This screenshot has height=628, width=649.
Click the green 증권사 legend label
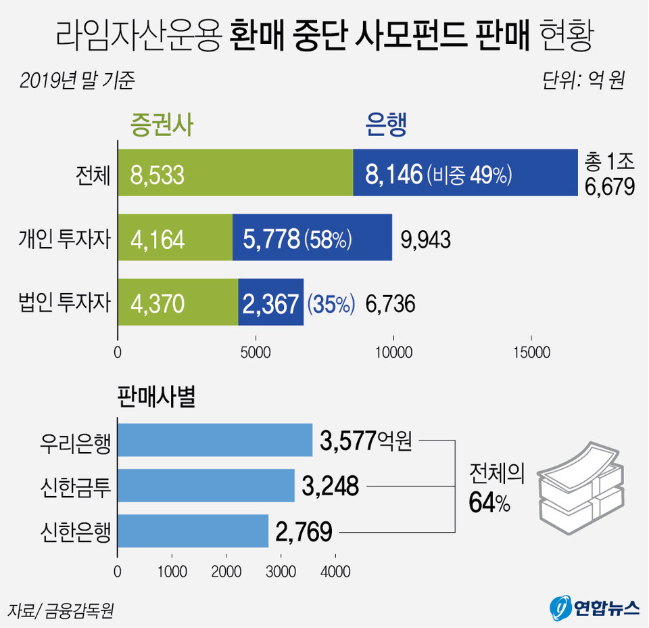pos(162,126)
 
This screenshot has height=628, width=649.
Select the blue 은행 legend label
pos(386,126)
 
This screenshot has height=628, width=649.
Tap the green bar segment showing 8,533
pos(235,173)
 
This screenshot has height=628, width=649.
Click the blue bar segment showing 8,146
pos(465,173)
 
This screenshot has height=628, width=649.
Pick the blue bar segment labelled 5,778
pos(312,237)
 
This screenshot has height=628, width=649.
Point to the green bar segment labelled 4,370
pos(178,302)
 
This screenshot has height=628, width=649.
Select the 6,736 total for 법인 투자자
pos(390,304)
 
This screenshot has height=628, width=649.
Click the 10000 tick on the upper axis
pos(393,353)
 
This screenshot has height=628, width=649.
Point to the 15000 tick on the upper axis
pos(531,353)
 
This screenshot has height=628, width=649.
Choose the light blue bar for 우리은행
pos(215,440)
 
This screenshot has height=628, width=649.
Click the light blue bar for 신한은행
pos(193,531)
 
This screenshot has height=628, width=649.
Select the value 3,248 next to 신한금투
pos(331,487)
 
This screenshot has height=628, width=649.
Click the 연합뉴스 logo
pos(595,607)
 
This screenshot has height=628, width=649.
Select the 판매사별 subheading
pos(156,399)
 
